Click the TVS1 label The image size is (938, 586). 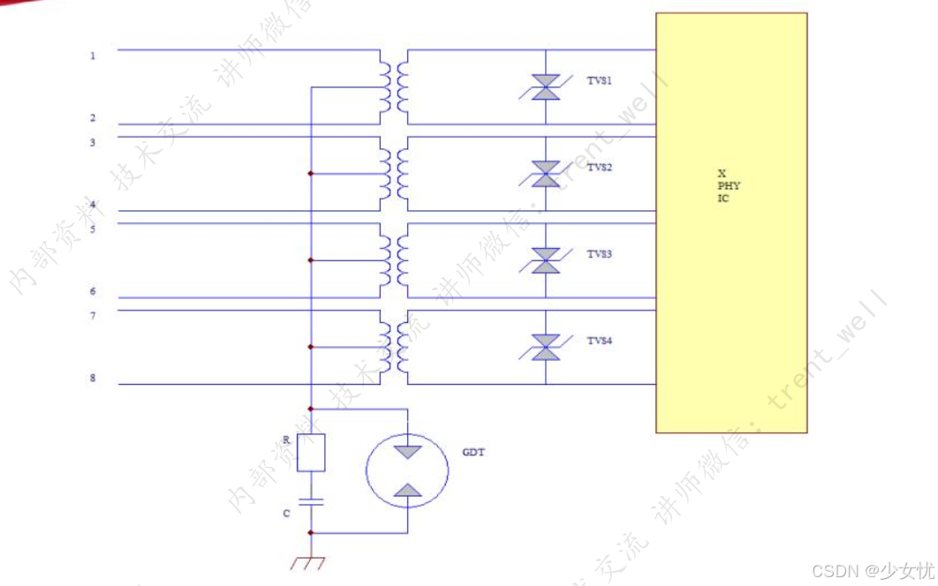click(600, 81)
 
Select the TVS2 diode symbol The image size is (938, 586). click(546, 174)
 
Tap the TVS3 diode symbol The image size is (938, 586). click(546, 260)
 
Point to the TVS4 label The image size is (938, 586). click(600, 341)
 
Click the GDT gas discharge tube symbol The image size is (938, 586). click(407, 471)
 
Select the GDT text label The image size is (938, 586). click(473, 453)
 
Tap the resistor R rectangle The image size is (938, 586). click(311, 452)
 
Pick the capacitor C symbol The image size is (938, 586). click(311, 502)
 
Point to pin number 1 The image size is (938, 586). click(93, 56)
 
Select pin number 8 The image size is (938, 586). click(93, 379)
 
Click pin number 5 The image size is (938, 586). click(93, 229)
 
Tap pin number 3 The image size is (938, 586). click(93, 142)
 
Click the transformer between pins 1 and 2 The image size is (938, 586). click(395, 87)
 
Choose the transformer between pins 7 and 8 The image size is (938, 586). click(395, 347)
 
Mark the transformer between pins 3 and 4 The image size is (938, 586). click(395, 174)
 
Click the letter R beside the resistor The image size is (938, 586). click(286, 439)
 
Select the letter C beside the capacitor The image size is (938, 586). click(285, 513)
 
